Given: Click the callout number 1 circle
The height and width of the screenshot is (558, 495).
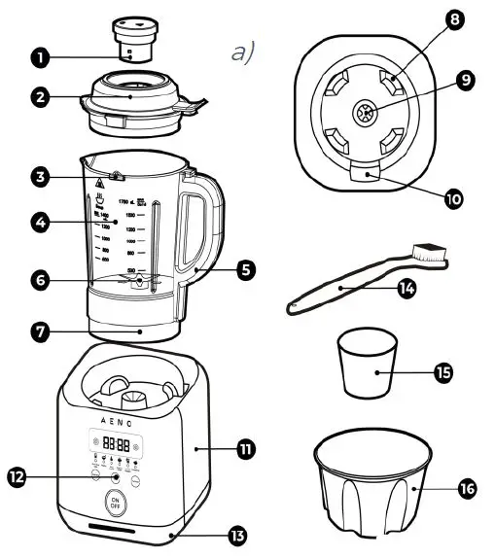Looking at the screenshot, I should pyautogui.click(x=39, y=57).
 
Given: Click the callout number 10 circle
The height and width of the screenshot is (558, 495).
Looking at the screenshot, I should pyautogui.click(x=452, y=199).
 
